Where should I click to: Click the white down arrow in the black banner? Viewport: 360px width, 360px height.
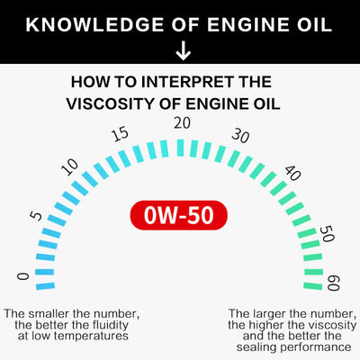click(183, 51)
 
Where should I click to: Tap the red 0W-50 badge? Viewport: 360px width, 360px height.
click(179, 215)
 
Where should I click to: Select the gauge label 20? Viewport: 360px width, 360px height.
click(182, 123)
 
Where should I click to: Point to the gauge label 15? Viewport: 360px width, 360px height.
click(121, 134)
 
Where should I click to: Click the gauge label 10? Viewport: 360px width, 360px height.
click(69, 166)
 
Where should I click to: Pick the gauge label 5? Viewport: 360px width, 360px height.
click(36, 216)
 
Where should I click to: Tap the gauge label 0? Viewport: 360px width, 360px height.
click(22, 276)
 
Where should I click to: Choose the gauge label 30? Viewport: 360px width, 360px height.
click(240, 136)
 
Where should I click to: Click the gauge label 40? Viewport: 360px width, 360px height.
click(292, 173)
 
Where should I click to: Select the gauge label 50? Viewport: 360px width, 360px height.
click(327, 234)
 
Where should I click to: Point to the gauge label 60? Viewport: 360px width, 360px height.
click(333, 283)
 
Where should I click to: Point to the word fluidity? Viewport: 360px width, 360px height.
click(110, 325)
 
